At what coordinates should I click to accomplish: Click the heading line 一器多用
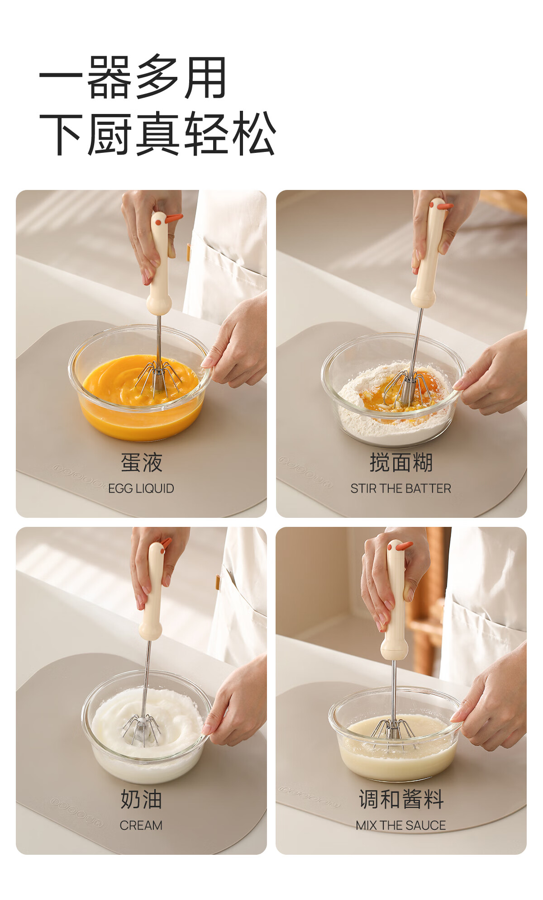tap(133, 77)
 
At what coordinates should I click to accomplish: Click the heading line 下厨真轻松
tap(157, 134)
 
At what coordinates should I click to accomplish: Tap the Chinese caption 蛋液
tap(141, 463)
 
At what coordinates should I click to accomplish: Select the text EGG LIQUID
tap(141, 488)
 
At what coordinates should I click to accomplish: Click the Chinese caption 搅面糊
tap(401, 463)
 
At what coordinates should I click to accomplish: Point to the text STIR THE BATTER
tap(401, 488)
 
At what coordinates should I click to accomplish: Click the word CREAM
tap(141, 825)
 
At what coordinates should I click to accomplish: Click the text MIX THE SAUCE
tap(401, 825)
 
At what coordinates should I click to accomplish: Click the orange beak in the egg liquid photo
tap(174, 218)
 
